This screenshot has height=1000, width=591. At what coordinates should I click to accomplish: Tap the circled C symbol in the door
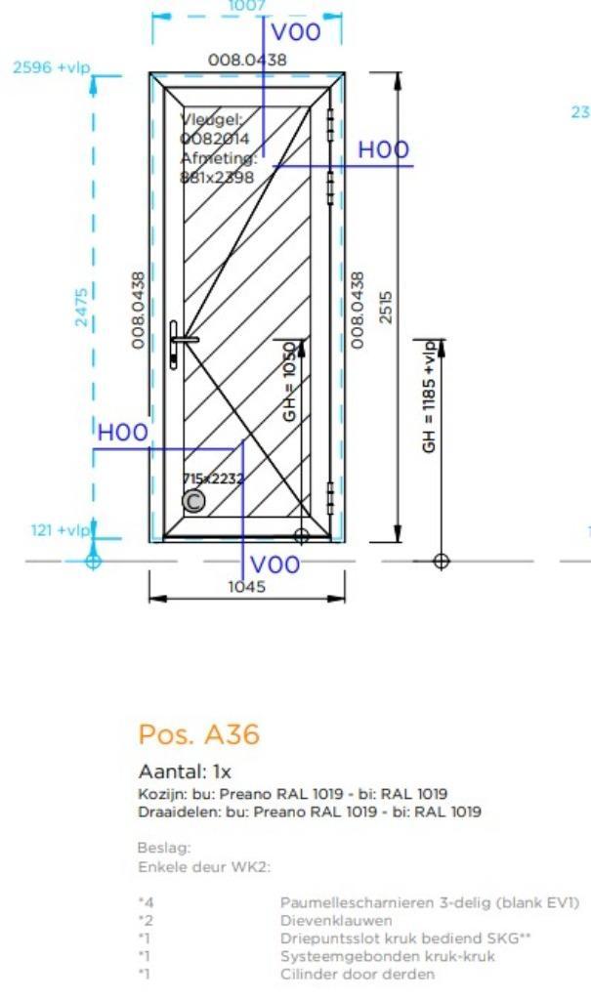[194, 501]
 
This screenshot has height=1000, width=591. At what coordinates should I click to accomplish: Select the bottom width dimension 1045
[246, 586]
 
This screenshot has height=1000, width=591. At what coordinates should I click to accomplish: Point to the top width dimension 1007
[246, 6]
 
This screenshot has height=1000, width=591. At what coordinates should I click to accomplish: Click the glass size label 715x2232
[214, 479]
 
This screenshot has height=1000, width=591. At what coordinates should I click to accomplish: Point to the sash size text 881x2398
[217, 177]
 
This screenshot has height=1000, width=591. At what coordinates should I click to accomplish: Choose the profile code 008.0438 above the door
[248, 60]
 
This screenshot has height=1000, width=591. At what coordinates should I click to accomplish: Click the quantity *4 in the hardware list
[146, 903]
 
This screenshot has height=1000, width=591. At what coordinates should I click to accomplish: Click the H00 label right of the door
[383, 149]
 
